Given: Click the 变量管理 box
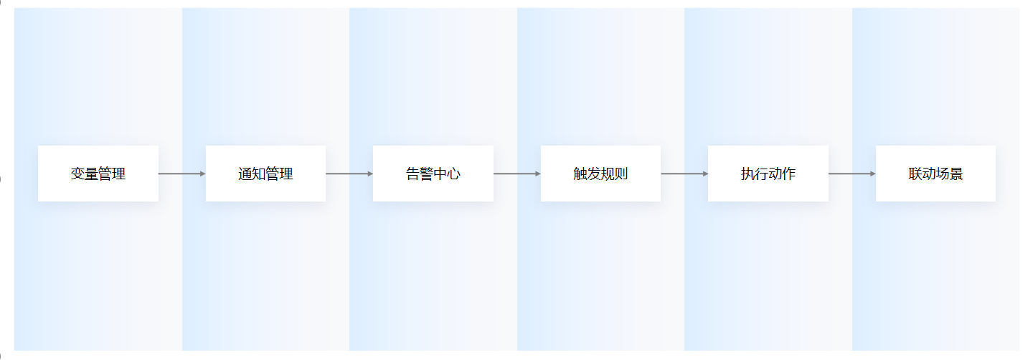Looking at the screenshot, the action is [98, 174].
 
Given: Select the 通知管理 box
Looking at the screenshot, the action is [265, 174].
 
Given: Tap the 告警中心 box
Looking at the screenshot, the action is [433, 174].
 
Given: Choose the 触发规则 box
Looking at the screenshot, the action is [600, 174].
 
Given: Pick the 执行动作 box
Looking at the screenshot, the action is [768, 174].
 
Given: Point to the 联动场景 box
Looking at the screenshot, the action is [935, 174].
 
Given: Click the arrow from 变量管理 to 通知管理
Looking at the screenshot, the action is [182, 174].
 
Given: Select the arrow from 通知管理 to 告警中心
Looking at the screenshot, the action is [349, 174].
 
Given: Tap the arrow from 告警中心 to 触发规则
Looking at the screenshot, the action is [517, 174].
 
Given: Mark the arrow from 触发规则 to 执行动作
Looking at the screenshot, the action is [684, 174].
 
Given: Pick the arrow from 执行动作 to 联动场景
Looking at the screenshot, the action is [852, 174].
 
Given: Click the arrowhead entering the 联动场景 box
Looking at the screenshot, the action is [873, 174].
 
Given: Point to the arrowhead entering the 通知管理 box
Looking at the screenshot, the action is [203, 174].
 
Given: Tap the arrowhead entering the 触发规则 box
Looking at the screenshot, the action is [538, 174].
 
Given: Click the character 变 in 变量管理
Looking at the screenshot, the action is [77, 174].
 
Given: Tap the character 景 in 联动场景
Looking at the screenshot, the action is [956, 174].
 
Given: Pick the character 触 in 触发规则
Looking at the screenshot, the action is [580, 174].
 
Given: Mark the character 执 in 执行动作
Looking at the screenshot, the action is [747, 174].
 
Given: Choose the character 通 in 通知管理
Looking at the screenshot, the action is [245, 174].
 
